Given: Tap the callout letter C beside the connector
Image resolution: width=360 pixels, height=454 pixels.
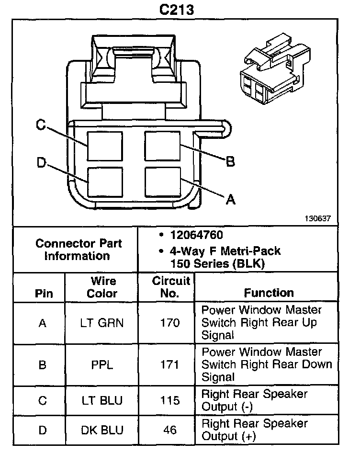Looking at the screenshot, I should tap(41, 125).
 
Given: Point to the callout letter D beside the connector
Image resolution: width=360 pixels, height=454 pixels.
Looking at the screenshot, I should tap(41, 163).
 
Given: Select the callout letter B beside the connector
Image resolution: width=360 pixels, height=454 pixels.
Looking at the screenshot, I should tap(230, 162).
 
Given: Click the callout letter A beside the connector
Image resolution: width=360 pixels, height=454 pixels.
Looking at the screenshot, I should tap(230, 200).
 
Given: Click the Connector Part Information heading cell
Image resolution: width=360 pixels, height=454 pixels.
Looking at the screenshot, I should tap(79, 249).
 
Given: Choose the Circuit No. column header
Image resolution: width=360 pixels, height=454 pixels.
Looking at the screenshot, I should tap(171, 287).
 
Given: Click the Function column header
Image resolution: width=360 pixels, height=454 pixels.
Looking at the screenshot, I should tap(269, 293).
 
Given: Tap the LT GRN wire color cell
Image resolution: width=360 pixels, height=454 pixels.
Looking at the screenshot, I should tap(101, 323).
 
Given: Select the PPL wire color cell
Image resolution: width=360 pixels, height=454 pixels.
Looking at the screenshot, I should tap(101, 365).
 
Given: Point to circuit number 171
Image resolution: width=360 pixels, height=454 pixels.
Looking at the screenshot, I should tap(170, 365).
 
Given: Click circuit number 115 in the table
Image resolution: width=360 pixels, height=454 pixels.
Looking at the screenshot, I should tap(170, 401).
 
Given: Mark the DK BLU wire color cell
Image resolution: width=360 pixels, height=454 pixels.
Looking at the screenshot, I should tap(101, 430).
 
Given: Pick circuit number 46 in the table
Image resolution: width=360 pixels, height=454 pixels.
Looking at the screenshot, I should tap(170, 430).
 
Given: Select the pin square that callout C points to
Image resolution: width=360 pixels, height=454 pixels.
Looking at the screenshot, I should tap(105, 146).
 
